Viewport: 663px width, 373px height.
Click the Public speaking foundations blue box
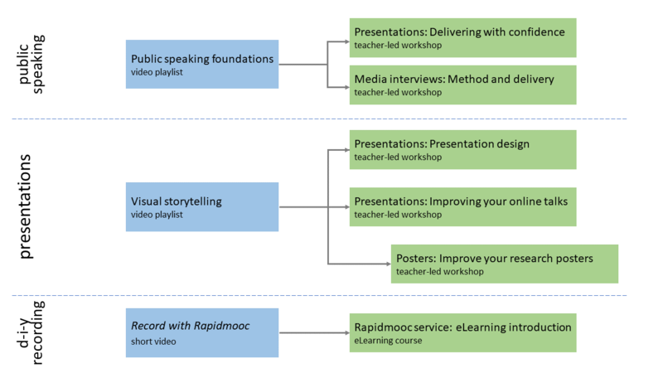click(x=202, y=64)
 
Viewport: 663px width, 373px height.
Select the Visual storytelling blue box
click(x=202, y=206)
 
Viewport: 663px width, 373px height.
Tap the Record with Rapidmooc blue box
click(x=202, y=333)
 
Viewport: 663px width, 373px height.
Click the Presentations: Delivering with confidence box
click(x=462, y=37)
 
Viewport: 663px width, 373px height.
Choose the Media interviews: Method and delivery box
click(x=462, y=85)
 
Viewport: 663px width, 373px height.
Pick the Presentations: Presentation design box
click(x=462, y=149)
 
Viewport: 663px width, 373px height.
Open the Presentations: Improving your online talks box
click(x=462, y=206)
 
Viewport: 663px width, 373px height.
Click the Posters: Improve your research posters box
click(x=505, y=264)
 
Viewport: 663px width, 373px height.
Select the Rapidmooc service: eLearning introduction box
click(x=462, y=332)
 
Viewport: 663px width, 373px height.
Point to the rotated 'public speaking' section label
click(x=31, y=63)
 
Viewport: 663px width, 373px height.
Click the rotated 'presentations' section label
click(x=26, y=206)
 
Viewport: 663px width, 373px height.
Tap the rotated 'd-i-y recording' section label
click(x=31, y=333)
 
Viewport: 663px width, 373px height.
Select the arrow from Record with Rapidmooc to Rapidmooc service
click(x=313, y=333)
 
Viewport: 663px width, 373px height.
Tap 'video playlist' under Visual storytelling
click(x=157, y=215)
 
